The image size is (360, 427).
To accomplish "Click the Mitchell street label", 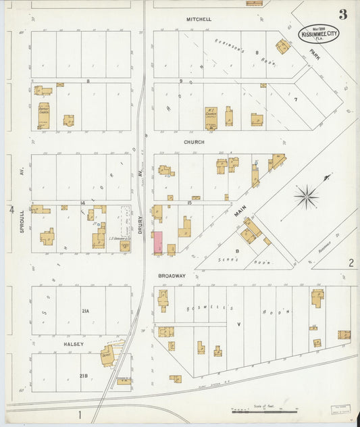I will [x=199, y=20].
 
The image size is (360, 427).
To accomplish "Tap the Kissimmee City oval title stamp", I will [x=319, y=33].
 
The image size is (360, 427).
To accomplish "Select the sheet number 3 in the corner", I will [x=343, y=14].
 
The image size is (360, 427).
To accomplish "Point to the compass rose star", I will [x=307, y=197].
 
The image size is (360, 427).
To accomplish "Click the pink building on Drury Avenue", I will [x=158, y=243].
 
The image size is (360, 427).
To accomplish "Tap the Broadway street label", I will [x=172, y=276].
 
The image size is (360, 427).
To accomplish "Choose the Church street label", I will [x=194, y=143].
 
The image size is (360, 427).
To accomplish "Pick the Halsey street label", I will [x=73, y=344].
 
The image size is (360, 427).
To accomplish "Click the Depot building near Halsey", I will [x=107, y=356].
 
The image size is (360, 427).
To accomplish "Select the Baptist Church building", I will [x=43, y=116].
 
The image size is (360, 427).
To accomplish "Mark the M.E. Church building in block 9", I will [x=211, y=118].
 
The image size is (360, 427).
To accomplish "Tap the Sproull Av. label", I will [x=22, y=220].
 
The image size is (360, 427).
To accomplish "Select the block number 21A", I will [x=84, y=311].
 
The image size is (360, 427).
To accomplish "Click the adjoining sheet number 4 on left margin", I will [x=11, y=210].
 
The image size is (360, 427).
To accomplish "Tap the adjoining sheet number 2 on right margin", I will [x=351, y=263].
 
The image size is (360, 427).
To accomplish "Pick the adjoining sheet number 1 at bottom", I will [x=79, y=414].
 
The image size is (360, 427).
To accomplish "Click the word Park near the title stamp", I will [x=315, y=53].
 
